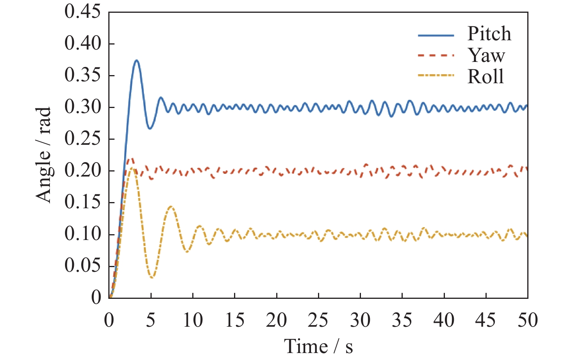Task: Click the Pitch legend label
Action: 489,34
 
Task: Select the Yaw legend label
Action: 486,55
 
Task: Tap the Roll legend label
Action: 486,76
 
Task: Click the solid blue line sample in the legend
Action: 436,35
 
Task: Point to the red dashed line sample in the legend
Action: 436,56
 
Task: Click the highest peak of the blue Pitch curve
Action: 137,60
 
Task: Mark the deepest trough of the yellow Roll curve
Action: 152,278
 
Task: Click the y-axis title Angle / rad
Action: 44,155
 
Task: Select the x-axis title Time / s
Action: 318,346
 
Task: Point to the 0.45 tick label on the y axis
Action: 82,12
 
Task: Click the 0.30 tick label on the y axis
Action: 82,107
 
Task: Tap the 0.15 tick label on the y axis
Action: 82,202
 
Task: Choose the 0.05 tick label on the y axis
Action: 82,266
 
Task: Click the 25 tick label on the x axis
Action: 318,321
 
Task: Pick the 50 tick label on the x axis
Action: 527,321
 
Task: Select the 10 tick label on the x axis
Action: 193,321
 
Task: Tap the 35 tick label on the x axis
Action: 402,321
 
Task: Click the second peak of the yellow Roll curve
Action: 171,207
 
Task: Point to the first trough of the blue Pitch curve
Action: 150,128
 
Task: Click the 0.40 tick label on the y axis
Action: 82,43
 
